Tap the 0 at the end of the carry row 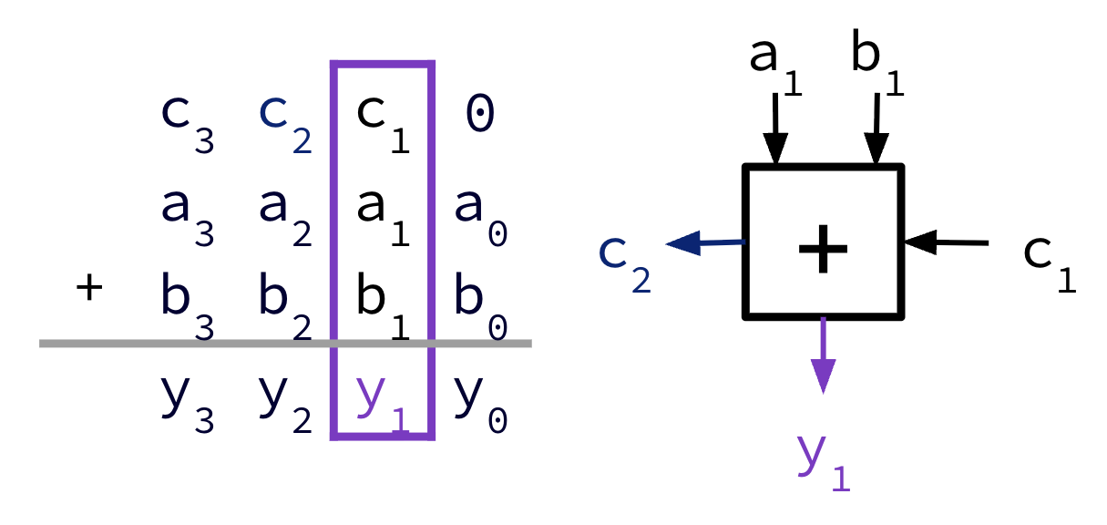pos(480,116)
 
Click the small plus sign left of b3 pos(88,290)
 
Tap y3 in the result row pos(187,406)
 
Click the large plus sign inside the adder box pos(824,249)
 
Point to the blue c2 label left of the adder pos(625,260)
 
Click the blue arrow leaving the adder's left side pos(707,243)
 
